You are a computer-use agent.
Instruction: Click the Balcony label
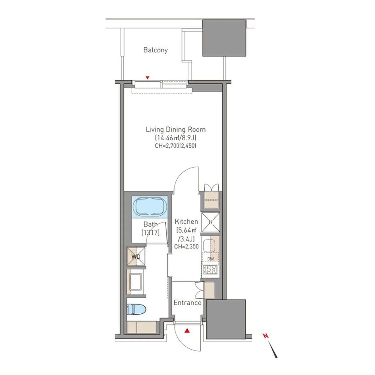tap(155, 50)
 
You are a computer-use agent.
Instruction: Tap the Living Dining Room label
tap(176, 129)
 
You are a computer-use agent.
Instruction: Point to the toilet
tap(136, 309)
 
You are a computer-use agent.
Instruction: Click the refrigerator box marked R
tap(211, 222)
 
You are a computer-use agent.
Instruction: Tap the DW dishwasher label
tap(211, 259)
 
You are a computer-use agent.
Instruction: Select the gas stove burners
tap(210, 270)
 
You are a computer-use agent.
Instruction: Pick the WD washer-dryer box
tap(136, 256)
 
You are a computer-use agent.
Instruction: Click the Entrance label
tap(187, 303)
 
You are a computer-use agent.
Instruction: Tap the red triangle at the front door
tap(187, 330)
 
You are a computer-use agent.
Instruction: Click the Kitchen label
tap(186, 222)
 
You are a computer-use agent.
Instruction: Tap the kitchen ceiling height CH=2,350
tap(186, 246)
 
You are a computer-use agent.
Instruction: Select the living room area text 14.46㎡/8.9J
tap(175, 138)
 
